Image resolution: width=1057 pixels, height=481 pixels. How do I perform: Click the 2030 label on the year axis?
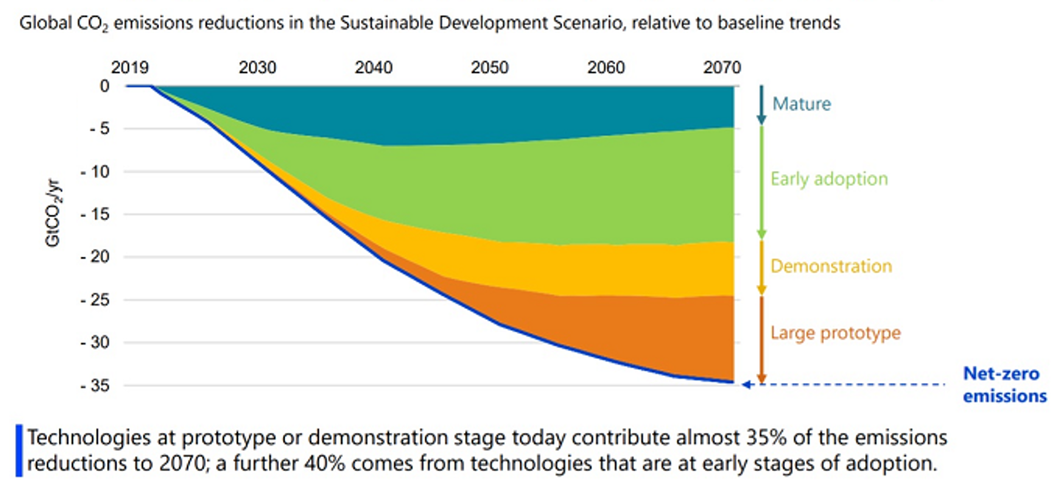(x=257, y=68)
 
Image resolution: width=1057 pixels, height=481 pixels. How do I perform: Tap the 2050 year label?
(x=489, y=68)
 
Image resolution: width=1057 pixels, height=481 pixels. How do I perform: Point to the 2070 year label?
(x=722, y=68)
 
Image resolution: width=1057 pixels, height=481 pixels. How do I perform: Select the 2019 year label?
(x=130, y=68)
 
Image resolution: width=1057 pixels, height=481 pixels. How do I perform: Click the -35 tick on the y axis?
(x=96, y=386)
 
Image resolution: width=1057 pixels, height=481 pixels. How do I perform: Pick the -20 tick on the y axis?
(x=96, y=257)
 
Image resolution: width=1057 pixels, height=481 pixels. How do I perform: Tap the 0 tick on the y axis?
(x=105, y=86)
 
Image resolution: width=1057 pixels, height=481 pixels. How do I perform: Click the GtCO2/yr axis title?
(x=53, y=213)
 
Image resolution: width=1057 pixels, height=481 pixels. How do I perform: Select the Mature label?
(x=802, y=104)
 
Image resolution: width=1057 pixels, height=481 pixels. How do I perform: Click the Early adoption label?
(x=829, y=179)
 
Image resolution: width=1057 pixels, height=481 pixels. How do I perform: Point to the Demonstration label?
(x=831, y=266)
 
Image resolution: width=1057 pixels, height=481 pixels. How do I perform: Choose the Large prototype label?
(x=835, y=333)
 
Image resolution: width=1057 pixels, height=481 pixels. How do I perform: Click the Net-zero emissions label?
(x=1004, y=385)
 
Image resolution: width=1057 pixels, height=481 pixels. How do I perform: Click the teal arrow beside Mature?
(x=761, y=105)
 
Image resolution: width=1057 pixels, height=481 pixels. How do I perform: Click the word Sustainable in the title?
(x=386, y=23)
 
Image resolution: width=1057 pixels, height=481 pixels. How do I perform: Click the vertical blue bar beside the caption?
(x=19, y=450)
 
